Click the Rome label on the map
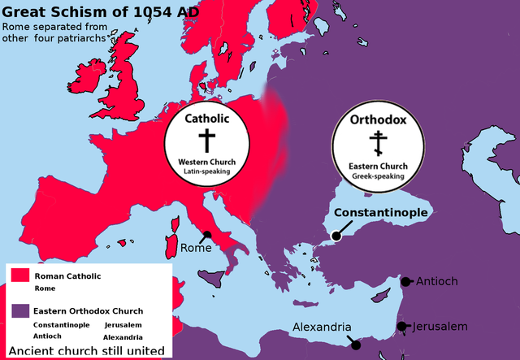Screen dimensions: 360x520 pyautogui.click(x=195, y=248)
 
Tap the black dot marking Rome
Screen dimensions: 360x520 pyautogui.click(x=207, y=235)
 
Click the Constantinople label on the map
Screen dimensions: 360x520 pyautogui.click(x=381, y=213)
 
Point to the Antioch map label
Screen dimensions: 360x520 pyautogui.click(x=437, y=282)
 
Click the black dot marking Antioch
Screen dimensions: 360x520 pyautogui.click(x=405, y=282)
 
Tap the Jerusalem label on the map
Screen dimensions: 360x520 pyautogui.click(x=440, y=327)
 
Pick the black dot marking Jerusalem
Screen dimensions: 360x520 pyautogui.click(x=401, y=327)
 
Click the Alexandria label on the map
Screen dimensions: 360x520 pyautogui.click(x=323, y=327)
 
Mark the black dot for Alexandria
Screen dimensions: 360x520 pyautogui.click(x=355, y=345)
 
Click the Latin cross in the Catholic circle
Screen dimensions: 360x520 pyautogui.click(x=206, y=140)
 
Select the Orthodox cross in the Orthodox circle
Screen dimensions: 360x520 pyautogui.click(x=377, y=144)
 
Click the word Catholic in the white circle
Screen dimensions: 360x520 pyautogui.click(x=206, y=119)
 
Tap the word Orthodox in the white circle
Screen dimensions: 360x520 pyautogui.click(x=378, y=120)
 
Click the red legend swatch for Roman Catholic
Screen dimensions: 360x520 pyautogui.click(x=19, y=276)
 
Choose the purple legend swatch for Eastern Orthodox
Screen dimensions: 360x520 pyautogui.click(x=19, y=310)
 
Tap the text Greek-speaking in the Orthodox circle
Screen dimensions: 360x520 pyautogui.click(x=377, y=176)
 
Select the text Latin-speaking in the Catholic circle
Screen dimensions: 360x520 pyautogui.click(x=206, y=171)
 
